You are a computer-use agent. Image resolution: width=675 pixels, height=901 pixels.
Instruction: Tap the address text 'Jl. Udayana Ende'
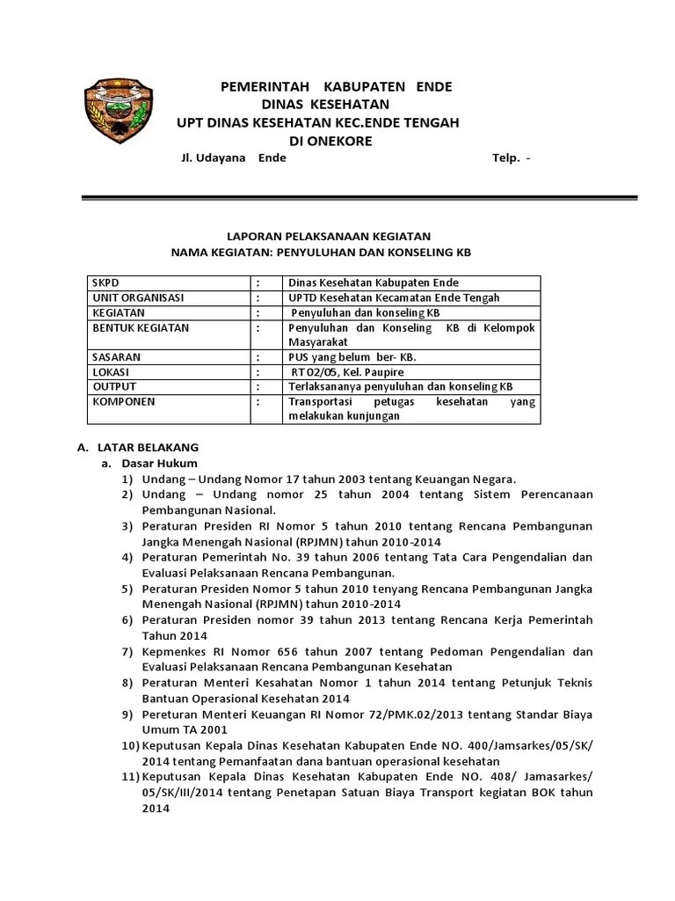(232, 158)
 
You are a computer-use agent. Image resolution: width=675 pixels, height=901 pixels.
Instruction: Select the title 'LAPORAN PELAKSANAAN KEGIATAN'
(330, 236)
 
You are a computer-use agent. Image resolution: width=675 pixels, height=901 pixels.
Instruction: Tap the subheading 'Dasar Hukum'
(159, 463)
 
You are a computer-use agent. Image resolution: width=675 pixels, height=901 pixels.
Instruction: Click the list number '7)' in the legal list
(128, 652)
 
